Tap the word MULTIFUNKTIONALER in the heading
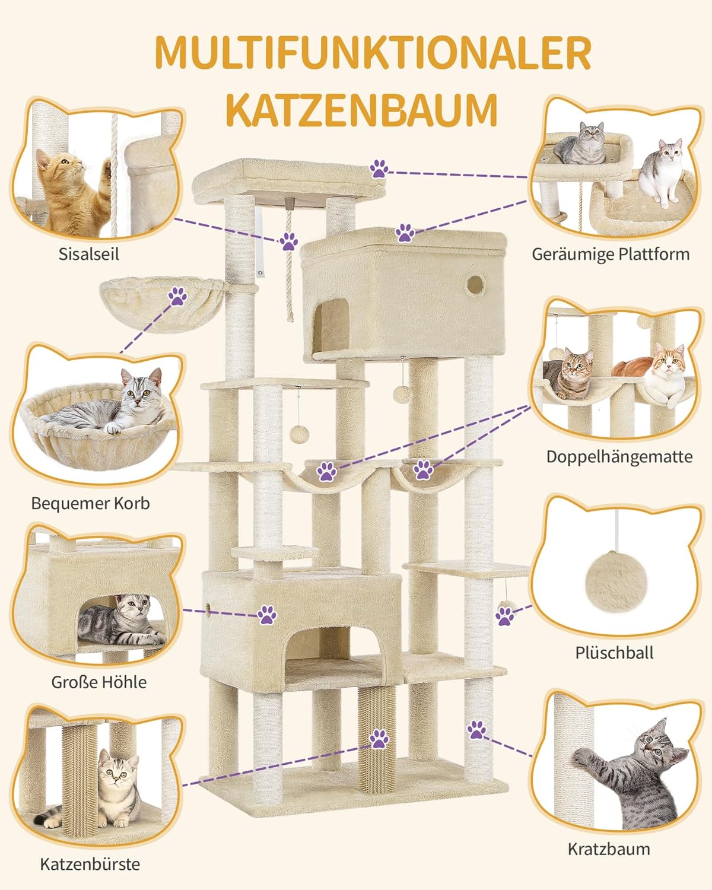click(x=373, y=53)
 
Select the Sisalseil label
click(x=88, y=254)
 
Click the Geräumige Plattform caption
click(x=611, y=254)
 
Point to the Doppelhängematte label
click(x=619, y=457)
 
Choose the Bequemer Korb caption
click(x=90, y=503)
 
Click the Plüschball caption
click(x=614, y=653)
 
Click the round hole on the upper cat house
click(x=475, y=285)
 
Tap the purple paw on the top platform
click(x=379, y=169)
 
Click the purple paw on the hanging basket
click(x=178, y=296)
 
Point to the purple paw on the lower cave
click(x=267, y=615)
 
